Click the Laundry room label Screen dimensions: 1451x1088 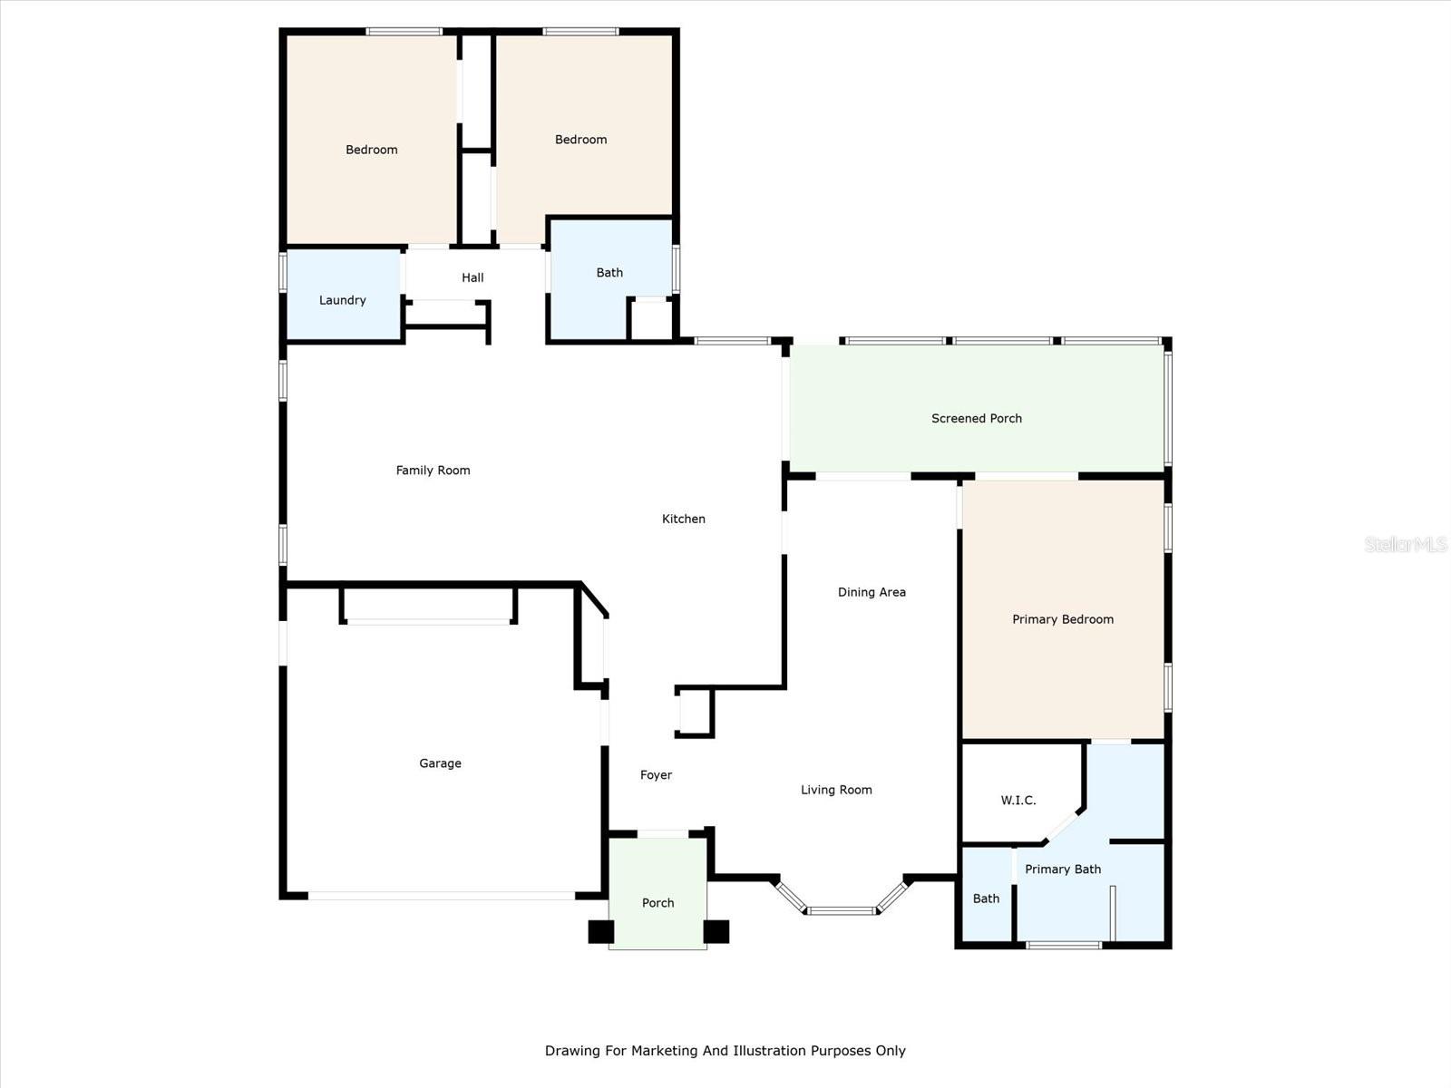(343, 301)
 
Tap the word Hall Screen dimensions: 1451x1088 (472, 277)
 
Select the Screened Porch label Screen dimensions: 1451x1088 (977, 418)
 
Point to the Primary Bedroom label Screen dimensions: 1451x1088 (1063, 619)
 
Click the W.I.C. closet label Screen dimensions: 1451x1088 (1018, 801)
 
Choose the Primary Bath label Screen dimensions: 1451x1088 (1063, 869)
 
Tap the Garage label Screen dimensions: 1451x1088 (440, 763)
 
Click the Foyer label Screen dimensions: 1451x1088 (656, 775)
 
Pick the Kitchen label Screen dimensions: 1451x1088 (684, 520)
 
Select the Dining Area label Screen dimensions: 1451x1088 (872, 593)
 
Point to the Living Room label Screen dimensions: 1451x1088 (836, 790)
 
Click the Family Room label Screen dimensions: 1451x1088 (433, 471)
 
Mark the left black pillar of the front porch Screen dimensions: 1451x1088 (601, 931)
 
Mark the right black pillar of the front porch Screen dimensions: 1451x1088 (716, 931)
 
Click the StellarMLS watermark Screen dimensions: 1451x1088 (1406, 544)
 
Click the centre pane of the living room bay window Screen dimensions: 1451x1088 (842, 911)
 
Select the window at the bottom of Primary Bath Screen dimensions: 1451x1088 (1064, 946)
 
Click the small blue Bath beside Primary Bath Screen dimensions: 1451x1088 (987, 896)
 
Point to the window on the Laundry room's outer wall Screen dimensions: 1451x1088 (283, 271)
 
